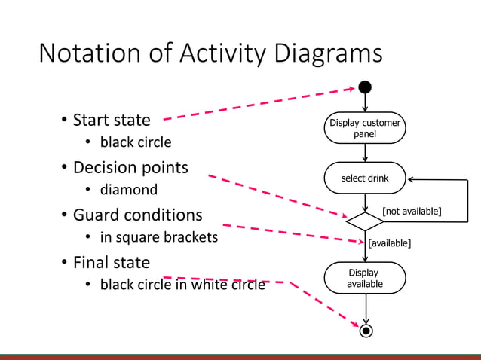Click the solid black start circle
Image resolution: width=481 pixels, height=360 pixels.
[365, 87]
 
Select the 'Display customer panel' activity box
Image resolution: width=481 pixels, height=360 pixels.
[365, 128]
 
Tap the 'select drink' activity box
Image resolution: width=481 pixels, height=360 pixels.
[365, 178]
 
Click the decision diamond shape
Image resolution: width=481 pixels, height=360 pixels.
[365, 221]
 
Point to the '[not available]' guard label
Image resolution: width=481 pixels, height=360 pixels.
[412, 211]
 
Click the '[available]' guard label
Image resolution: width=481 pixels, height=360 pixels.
[389, 243]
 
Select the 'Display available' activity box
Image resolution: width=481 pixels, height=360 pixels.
[365, 278]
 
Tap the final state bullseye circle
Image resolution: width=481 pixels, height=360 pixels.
[366, 331]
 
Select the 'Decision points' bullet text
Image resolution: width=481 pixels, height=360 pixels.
[130, 167]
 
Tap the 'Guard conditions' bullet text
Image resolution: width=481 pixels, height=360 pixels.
[137, 215]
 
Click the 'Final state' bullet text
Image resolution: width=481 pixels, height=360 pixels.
[111, 262]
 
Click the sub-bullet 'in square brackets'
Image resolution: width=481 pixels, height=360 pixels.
[158, 237]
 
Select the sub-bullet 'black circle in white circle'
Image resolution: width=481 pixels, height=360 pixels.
[182, 285]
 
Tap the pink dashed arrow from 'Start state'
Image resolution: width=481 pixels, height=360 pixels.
[256, 104]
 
